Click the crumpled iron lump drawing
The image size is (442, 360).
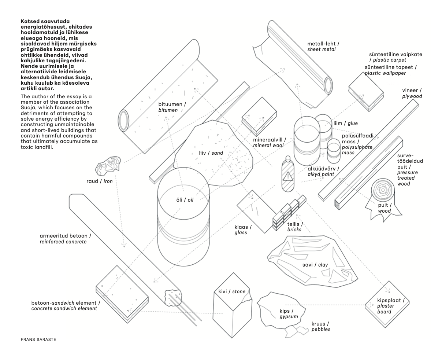coord(108,166)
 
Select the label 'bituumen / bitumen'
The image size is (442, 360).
coord(172,107)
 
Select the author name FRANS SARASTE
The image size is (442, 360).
coord(38,339)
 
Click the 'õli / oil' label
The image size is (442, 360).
coord(185,200)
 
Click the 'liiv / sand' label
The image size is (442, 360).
coord(208,153)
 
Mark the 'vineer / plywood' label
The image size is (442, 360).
coord(412,93)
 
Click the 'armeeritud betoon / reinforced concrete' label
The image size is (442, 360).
coord(66,239)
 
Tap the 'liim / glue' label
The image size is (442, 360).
coord(345,124)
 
